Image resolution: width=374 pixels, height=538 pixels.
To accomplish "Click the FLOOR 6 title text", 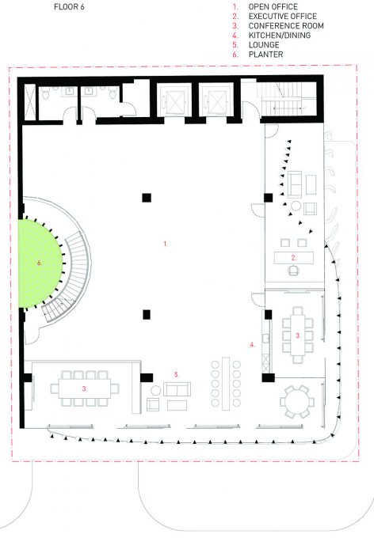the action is point(69,6).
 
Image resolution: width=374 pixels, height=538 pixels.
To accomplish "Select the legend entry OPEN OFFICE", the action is point(273,6).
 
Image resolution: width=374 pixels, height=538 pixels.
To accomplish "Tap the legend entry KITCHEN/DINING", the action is point(280,36).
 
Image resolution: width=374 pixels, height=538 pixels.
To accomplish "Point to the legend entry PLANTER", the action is point(265,55).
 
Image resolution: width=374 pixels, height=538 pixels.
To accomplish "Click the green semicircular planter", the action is point(39,263).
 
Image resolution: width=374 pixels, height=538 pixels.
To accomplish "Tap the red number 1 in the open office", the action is point(166,244).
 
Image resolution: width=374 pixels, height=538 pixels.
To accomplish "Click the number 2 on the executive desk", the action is point(293,258).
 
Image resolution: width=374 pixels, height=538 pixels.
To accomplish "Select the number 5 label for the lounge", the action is point(177,375).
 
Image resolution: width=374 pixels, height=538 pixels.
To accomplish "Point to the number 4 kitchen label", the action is point(252,345).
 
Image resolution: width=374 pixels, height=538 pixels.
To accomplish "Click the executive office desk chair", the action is point(293,271).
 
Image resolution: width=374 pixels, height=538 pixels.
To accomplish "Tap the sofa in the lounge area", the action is point(177,389).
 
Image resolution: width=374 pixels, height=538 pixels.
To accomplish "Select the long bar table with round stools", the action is point(226,384).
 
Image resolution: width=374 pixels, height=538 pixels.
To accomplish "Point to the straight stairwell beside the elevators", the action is point(285,99).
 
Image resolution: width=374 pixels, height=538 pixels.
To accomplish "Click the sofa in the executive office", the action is point(295,184).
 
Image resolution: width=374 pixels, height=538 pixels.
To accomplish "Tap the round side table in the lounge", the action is point(156,390).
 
